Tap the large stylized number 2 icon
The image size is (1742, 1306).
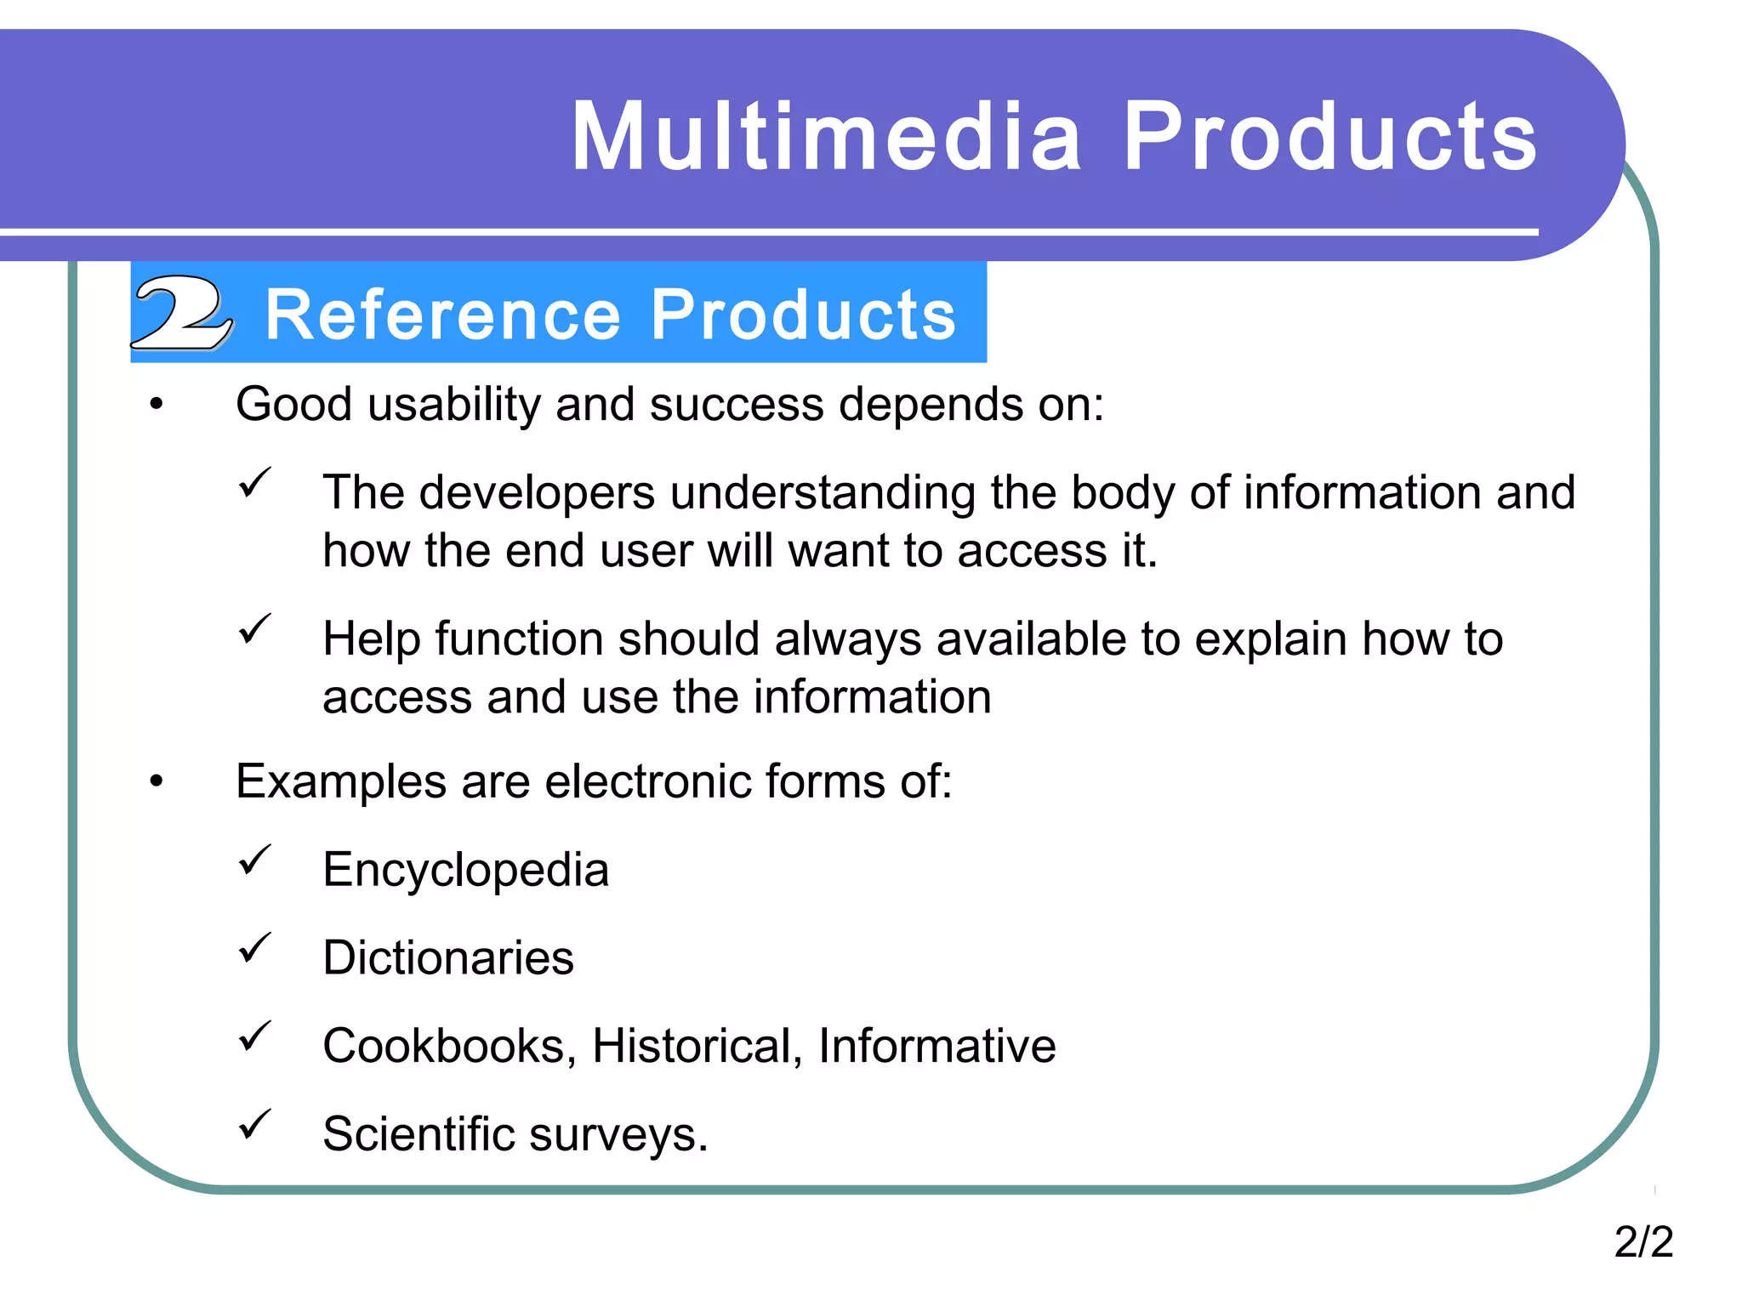181,312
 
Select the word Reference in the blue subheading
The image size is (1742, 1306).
443,315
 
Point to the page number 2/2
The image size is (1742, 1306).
1643,1241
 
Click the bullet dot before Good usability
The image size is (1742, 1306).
156,406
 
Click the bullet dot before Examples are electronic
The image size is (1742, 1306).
156,782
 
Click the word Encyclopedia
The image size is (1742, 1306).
465,870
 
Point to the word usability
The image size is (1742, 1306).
454,405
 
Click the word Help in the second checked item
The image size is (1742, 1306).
372,639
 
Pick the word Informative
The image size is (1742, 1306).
936,1046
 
